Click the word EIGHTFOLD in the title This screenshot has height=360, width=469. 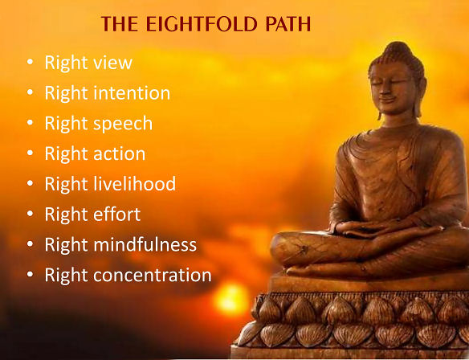pyautogui.click(x=202, y=24)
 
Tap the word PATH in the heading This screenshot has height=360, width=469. pyautogui.click(x=288, y=24)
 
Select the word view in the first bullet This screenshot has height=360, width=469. pyautogui.click(x=112, y=63)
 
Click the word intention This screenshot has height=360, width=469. pyautogui.click(x=132, y=93)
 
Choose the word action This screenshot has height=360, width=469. pyautogui.click(x=120, y=153)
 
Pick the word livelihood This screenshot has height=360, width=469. pyautogui.click(x=135, y=183)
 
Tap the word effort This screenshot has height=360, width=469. pyautogui.click(x=117, y=214)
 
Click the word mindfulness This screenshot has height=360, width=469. pyautogui.click(x=145, y=244)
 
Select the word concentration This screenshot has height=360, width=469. pyautogui.click(x=153, y=275)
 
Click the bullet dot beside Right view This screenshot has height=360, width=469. pyautogui.click(x=30, y=62)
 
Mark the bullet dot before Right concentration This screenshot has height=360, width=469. pyautogui.click(x=30, y=274)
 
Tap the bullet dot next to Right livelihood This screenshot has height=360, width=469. pyautogui.click(x=30, y=183)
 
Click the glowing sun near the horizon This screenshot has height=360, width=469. pyautogui.click(x=231, y=299)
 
